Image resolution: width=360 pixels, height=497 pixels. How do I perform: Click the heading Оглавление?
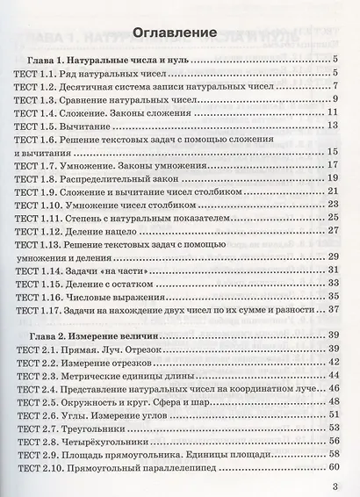tap(176, 33)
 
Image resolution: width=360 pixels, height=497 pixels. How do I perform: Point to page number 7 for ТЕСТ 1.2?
tap(337, 87)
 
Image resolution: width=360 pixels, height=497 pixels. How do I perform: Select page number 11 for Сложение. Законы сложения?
tap(334, 113)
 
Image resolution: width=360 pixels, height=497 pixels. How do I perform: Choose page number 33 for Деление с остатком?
tap(334, 283)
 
